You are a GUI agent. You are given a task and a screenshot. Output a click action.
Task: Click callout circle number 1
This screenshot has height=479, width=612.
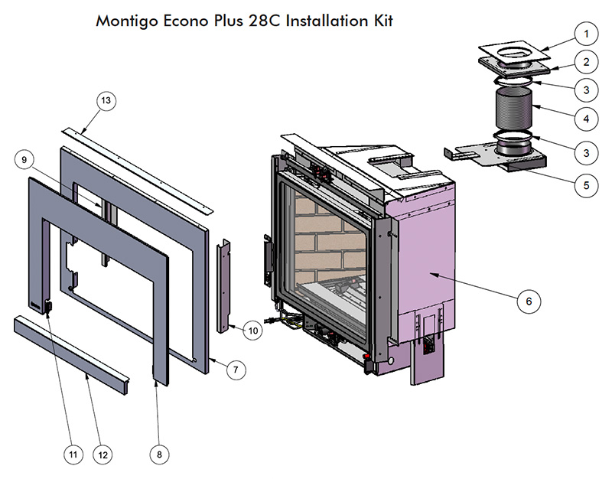(x=585, y=34)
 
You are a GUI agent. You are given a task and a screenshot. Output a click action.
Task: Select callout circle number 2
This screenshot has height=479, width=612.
(x=585, y=62)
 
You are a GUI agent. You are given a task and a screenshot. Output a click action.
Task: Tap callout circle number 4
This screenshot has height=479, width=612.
(x=585, y=119)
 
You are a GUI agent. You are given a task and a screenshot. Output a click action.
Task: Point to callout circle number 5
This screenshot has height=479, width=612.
(x=585, y=184)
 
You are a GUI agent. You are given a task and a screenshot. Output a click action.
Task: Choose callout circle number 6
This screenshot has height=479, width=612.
(x=529, y=301)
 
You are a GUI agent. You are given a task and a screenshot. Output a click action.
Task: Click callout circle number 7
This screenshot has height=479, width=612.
(x=236, y=370)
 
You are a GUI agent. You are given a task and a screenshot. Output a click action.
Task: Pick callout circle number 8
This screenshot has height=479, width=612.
(x=159, y=454)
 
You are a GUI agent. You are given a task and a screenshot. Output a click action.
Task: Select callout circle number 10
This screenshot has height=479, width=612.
(x=253, y=331)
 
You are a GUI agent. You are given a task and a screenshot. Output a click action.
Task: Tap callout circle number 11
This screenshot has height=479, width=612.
(x=73, y=454)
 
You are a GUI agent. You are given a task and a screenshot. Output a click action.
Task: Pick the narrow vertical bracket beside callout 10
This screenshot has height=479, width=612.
(x=224, y=285)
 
